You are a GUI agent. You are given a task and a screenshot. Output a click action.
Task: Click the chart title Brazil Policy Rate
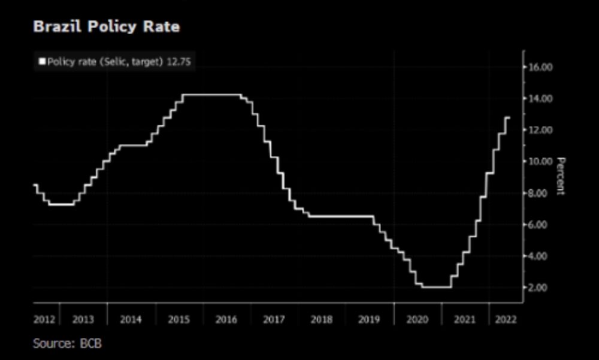[x=106, y=27]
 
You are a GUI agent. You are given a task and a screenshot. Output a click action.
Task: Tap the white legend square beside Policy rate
[x=42, y=61]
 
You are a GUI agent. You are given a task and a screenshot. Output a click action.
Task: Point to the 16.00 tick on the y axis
[x=540, y=67]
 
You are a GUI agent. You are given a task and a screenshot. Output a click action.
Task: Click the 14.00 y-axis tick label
[x=540, y=98]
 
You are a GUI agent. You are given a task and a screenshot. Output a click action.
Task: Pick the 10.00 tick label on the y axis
[x=540, y=161]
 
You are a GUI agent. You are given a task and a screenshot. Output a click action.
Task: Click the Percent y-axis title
[x=561, y=176]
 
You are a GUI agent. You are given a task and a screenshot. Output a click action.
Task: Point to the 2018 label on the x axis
[x=321, y=320]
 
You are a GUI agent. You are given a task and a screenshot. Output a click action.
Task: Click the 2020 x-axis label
[x=417, y=320]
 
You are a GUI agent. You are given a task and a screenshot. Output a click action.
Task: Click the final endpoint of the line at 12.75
[x=509, y=117]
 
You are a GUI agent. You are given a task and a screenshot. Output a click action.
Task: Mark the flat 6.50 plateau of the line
[x=341, y=216]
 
